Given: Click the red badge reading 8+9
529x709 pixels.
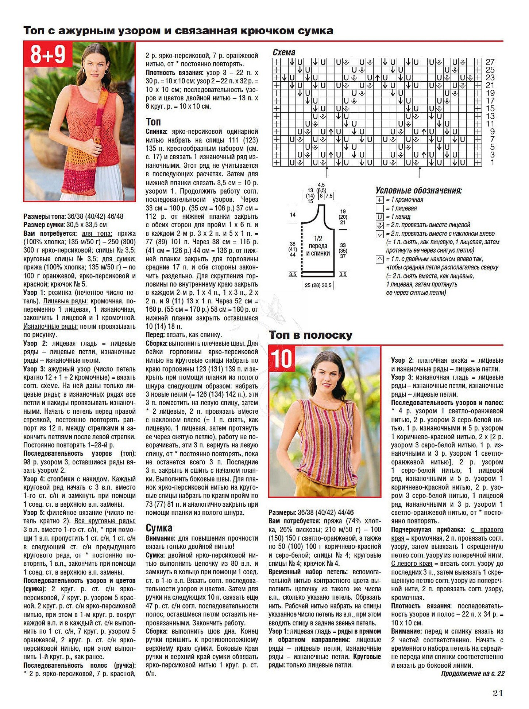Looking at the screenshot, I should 48,54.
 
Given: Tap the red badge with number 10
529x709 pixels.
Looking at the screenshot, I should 282,359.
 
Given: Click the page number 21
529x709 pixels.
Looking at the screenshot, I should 498,693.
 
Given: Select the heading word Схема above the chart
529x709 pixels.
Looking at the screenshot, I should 284,52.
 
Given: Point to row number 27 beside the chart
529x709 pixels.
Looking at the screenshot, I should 490,62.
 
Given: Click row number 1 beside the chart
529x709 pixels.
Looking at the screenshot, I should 492,163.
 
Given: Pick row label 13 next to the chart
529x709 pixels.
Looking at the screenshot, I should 490,116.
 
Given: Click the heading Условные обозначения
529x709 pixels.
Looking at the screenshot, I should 418,190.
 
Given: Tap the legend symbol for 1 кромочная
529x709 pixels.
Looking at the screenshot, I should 379,200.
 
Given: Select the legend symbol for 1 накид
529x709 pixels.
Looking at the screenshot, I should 379,217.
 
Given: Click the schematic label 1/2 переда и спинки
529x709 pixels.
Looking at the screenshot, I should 318,246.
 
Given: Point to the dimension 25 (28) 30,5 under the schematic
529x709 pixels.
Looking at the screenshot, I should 318,285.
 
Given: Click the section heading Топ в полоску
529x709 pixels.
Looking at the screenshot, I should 310,335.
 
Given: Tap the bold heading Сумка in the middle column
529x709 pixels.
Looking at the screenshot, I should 159,528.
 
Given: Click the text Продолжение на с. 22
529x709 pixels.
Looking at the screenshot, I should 472,673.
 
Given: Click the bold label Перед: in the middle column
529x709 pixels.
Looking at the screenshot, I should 155,335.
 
